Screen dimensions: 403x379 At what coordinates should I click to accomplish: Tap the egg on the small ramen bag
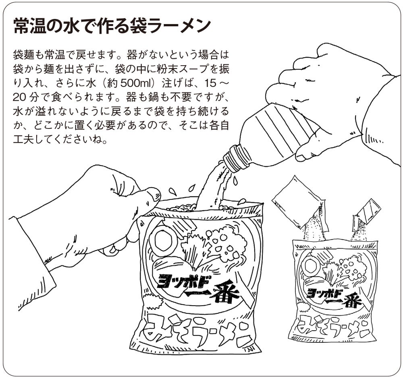pyautogui.click(x=311, y=266)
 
